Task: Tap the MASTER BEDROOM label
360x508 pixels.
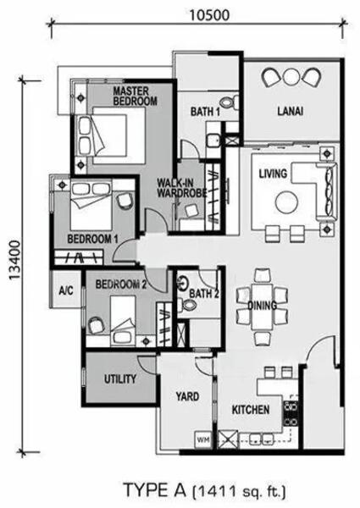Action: point(135,95)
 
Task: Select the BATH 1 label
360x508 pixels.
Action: point(205,111)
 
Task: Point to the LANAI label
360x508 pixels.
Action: point(290,111)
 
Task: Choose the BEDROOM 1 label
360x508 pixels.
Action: point(92,240)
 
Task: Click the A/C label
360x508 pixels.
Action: point(66,290)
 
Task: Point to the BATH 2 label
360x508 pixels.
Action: point(204,295)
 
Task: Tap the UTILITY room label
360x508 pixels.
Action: point(120,378)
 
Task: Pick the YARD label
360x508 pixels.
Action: point(186,395)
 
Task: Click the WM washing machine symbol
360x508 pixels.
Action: point(202,439)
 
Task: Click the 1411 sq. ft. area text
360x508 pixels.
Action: point(239,489)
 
